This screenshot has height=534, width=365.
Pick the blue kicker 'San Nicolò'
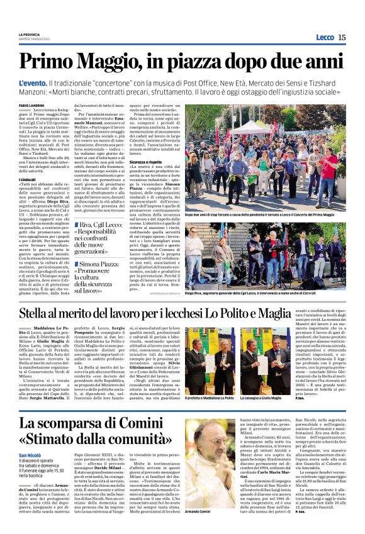pyautogui.click(x=30, y=454)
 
